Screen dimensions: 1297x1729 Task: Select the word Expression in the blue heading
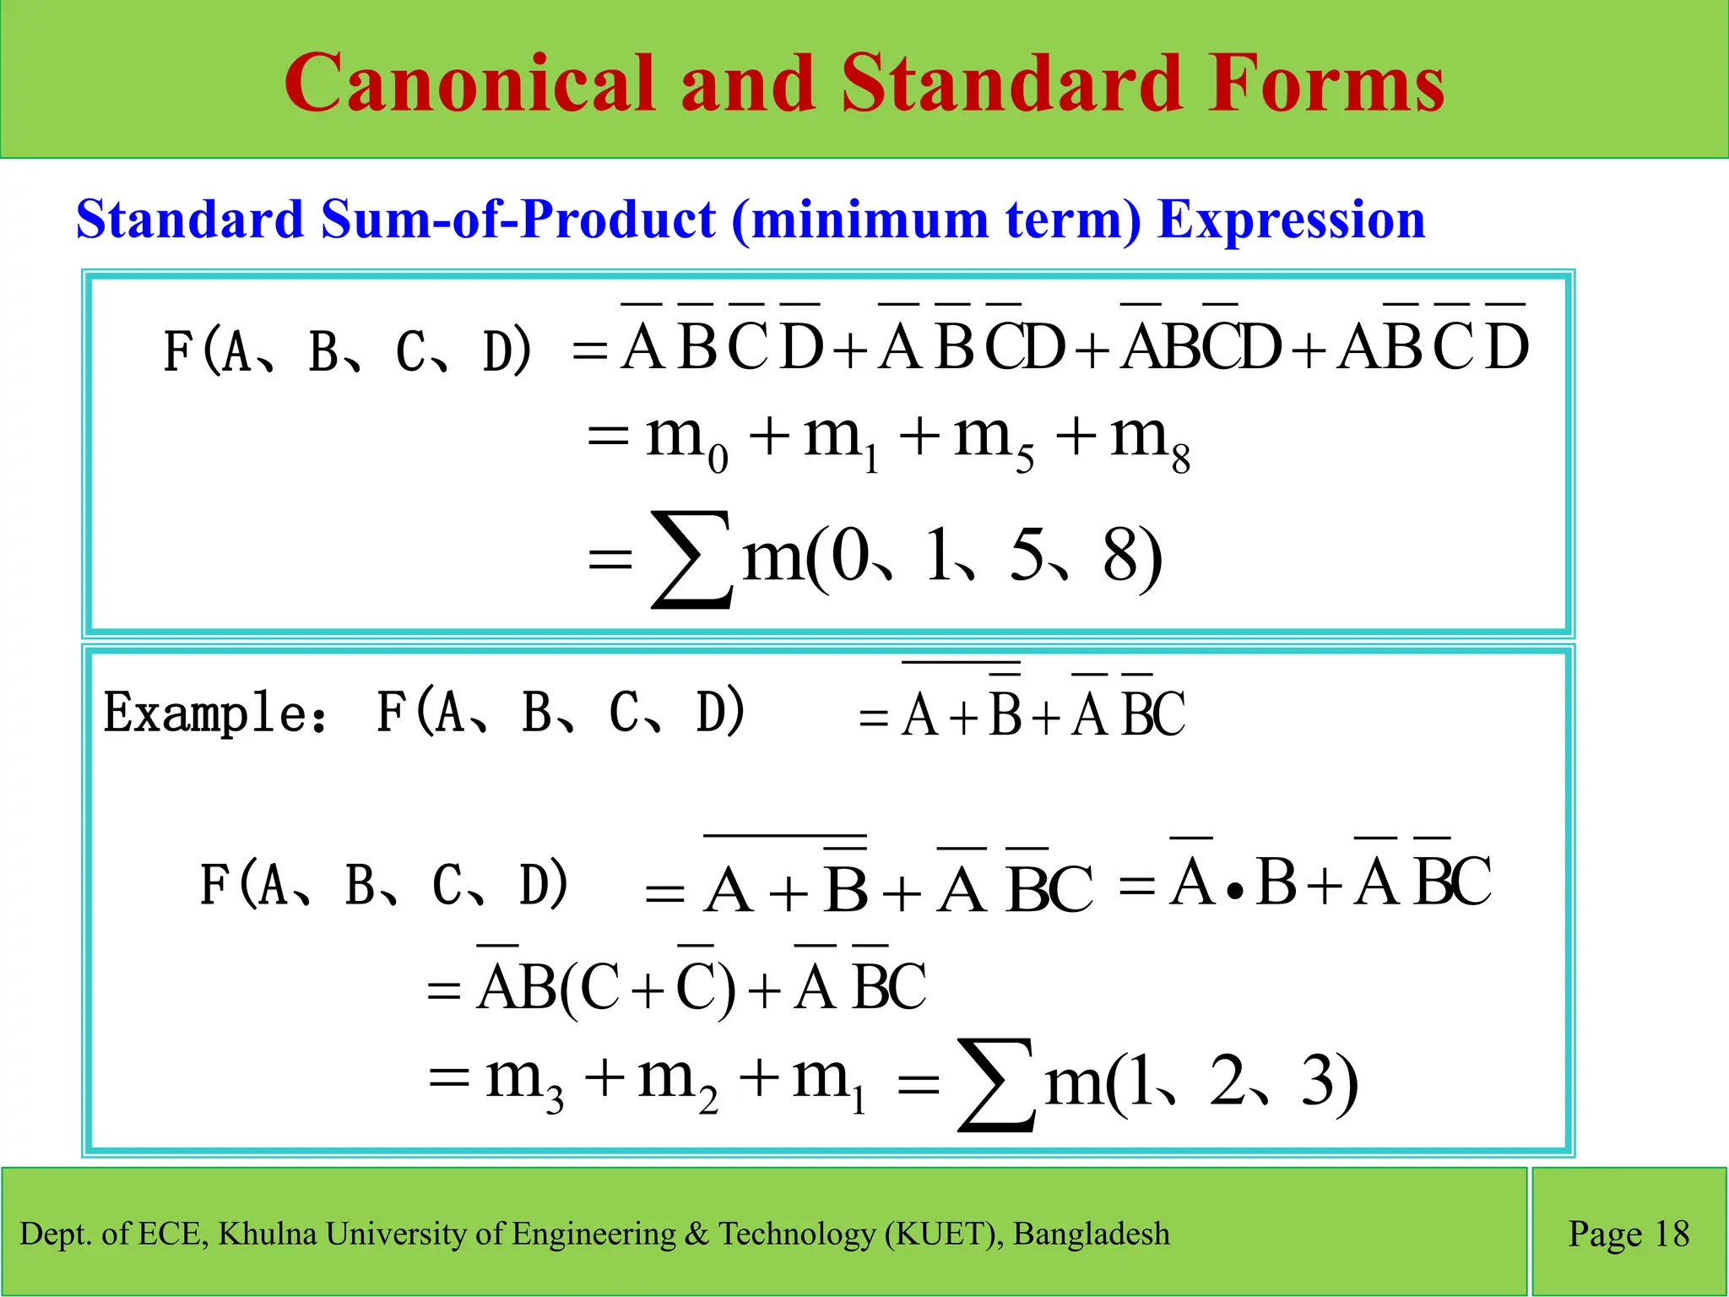coord(1291,220)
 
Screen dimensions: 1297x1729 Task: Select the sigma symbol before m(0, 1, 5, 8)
coord(691,559)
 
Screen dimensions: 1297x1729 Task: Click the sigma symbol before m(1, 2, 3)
coord(996,1084)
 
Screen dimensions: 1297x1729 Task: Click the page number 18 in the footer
coord(1671,1234)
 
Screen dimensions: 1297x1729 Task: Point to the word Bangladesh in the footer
coord(1091,1234)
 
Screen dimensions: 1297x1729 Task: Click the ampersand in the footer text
coord(696,1234)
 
